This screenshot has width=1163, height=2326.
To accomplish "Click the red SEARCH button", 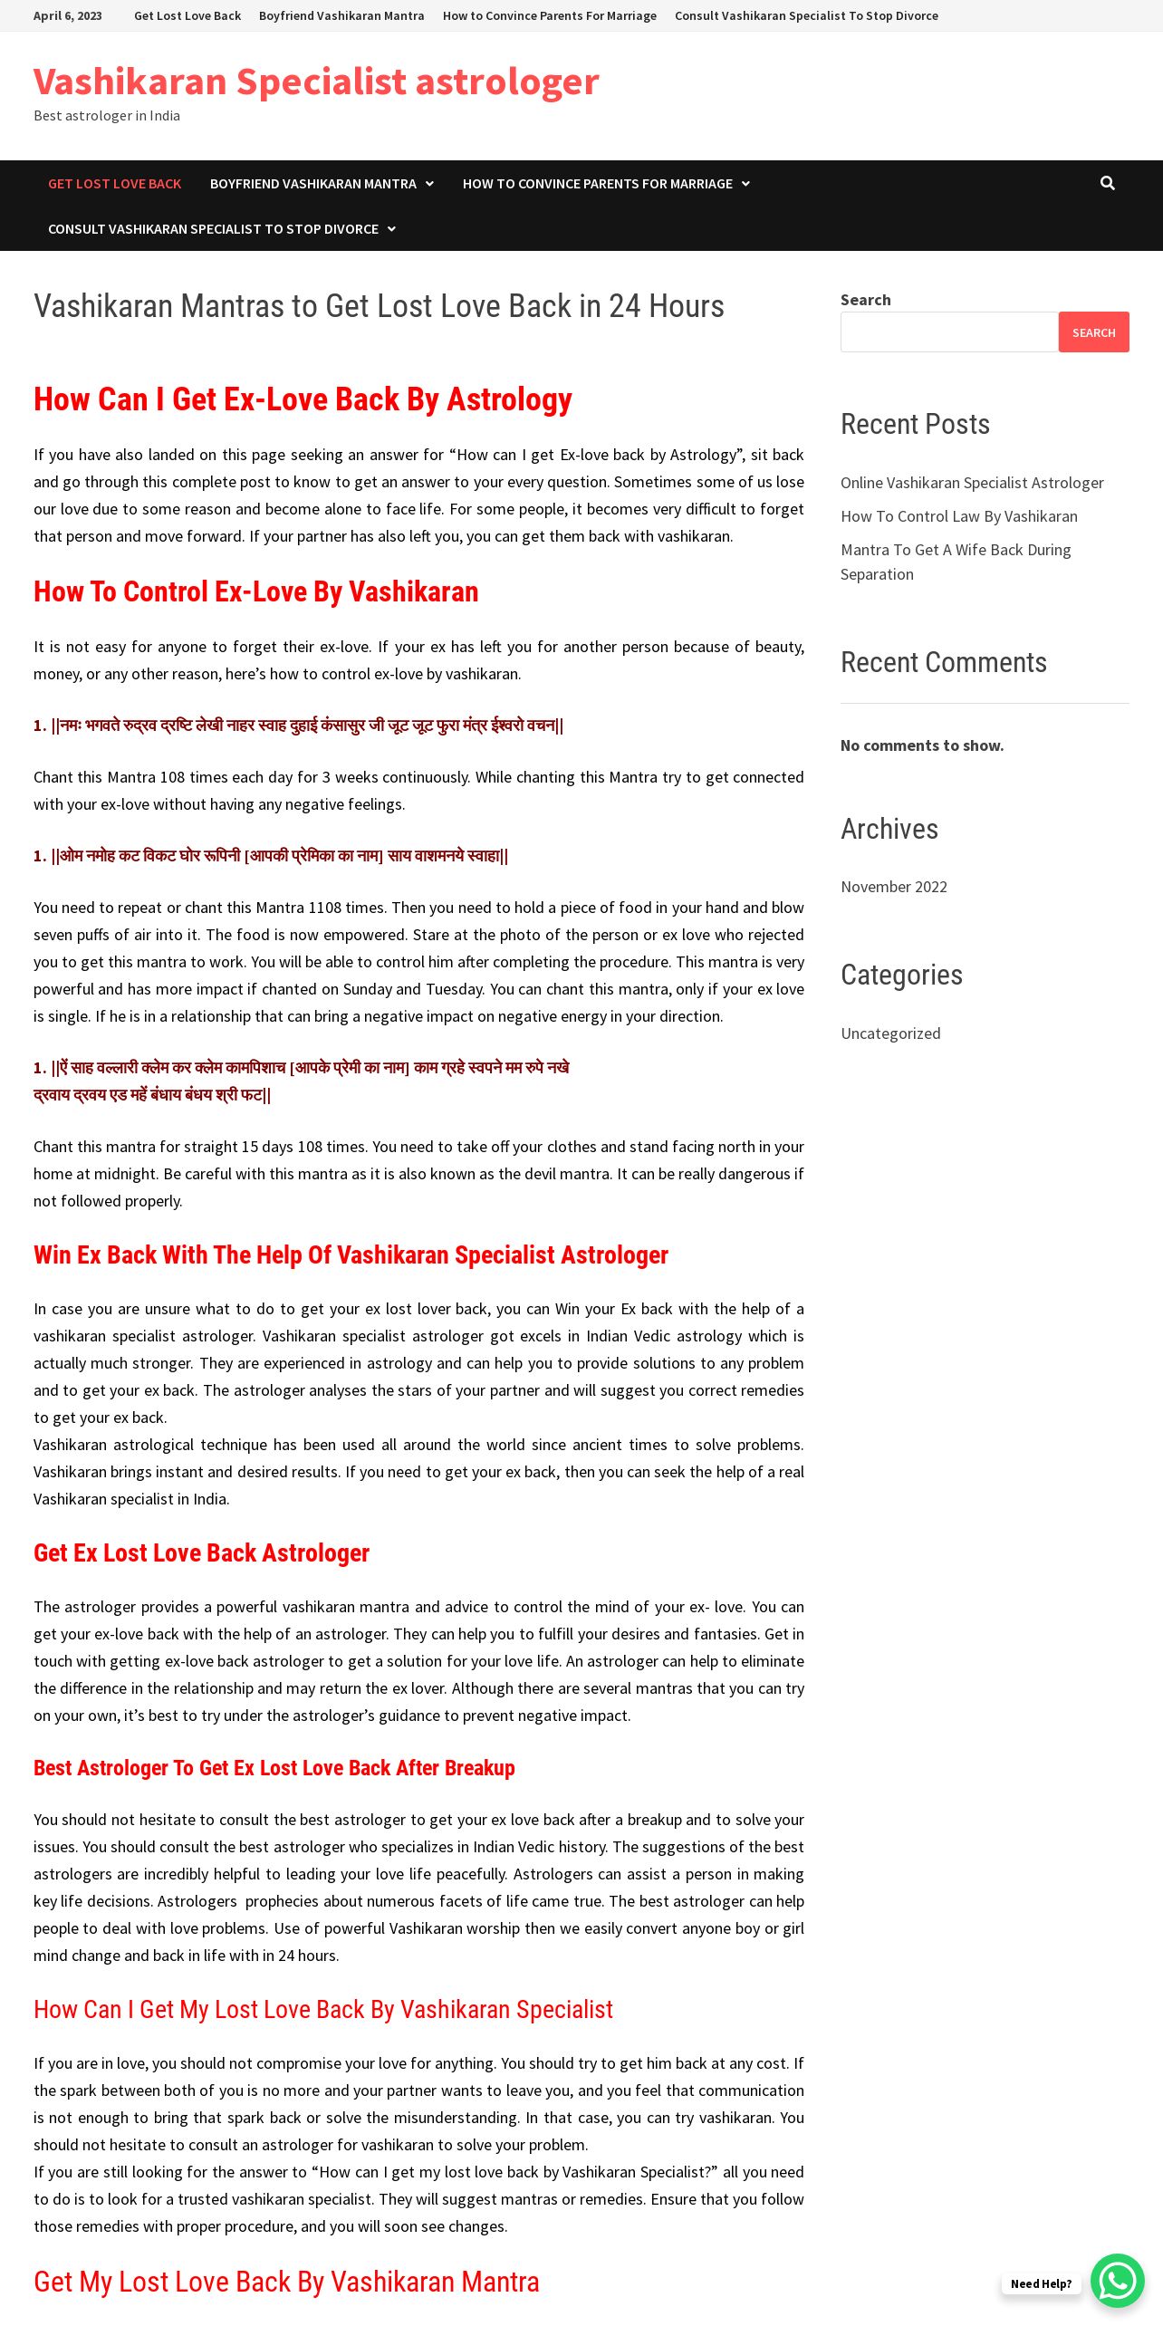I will point(1093,332).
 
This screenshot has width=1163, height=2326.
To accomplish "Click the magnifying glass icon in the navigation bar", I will point(1107,183).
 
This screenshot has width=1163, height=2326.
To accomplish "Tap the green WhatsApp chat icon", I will point(1118,2280).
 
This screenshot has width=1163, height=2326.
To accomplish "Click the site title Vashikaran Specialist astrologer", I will point(316,82).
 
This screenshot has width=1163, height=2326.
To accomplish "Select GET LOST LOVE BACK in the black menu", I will point(114,184).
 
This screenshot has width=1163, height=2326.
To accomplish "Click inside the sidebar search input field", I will point(948,332).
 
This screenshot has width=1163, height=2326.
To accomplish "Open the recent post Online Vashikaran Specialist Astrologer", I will point(972,483).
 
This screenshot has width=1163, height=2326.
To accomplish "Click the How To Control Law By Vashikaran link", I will point(958,516).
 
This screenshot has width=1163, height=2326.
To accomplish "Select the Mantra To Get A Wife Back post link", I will point(955,551).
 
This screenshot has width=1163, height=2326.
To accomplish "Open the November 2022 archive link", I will point(893,887).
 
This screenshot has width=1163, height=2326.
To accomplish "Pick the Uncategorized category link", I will point(890,1033).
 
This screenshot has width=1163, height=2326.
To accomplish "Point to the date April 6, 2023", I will point(68,15).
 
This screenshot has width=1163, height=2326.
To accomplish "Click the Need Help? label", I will point(1041,2283).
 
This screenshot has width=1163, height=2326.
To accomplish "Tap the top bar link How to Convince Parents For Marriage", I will point(549,15).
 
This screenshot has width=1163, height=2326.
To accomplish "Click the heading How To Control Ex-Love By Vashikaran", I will point(255,592).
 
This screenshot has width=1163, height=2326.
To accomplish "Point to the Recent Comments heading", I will point(943,662).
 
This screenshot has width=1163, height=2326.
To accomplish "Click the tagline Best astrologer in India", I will point(107,116).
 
